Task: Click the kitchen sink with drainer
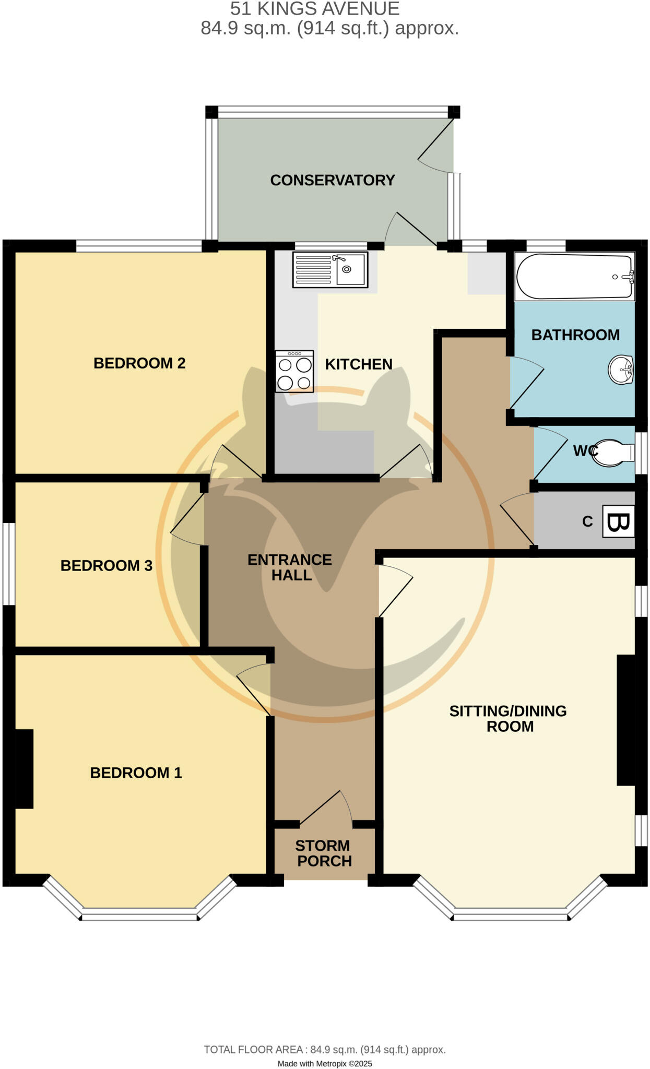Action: pos(330,269)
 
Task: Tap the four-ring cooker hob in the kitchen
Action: pos(294,371)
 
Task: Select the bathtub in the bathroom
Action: pos(574,276)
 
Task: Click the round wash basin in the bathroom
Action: pos(621,370)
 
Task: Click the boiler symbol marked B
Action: pos(619,521)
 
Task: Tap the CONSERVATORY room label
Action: pos(332,180)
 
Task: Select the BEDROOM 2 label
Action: pos(139,363)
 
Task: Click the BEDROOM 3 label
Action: pos(107,565)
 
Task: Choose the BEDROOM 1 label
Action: pos(136,773)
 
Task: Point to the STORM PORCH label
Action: pos(324,853)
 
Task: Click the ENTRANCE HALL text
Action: pos(290,567)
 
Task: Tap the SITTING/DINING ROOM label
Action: pos(508,718)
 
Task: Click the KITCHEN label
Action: pos(359,364)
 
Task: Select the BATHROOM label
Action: pos(575,335)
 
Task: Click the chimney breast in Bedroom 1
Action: pos(24,768)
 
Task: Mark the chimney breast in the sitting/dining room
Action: pos(626,720)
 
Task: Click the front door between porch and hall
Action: pos(326,807)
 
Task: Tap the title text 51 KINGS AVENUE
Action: pos(315,9)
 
